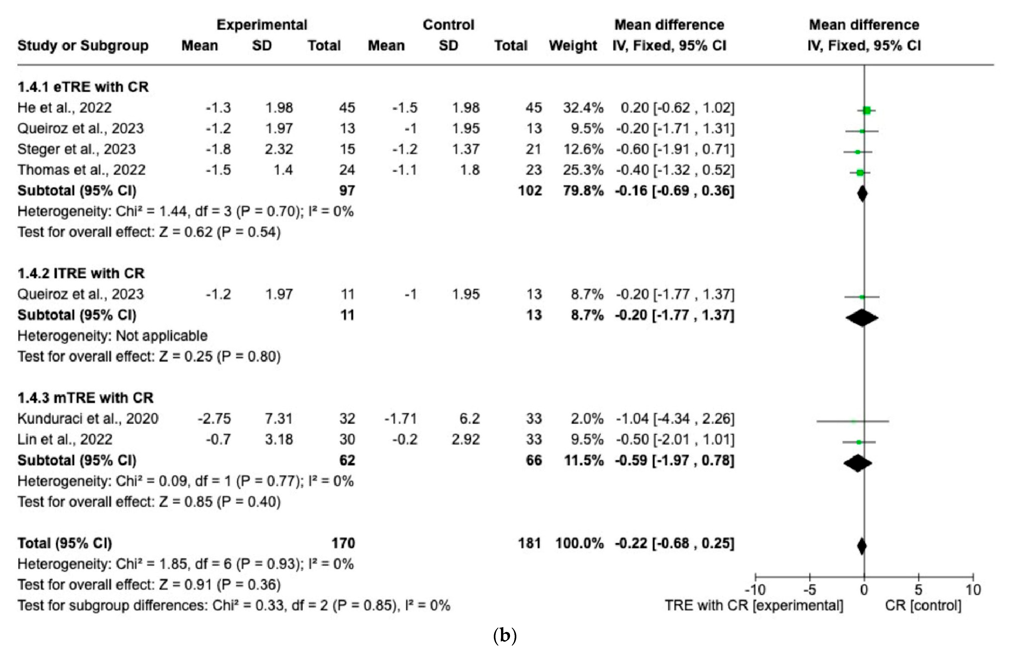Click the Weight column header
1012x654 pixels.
coord(573,46)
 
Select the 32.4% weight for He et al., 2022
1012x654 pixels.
coord(583,108)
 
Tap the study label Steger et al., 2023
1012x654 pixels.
coord(76,149)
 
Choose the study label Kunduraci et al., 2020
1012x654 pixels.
coord(88,419)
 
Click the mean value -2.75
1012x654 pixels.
coord(214,419)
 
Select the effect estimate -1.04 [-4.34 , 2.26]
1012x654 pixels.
coord(675,419)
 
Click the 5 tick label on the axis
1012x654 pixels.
coord(918,589)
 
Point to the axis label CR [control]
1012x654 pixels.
coord(923,605)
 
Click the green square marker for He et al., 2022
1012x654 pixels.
coord(866,110)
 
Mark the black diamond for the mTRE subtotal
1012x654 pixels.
coord(858,463)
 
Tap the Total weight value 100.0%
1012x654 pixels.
coord(579,543)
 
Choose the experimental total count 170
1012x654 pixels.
coord(343,543)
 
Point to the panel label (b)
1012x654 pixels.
coord(505,636)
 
